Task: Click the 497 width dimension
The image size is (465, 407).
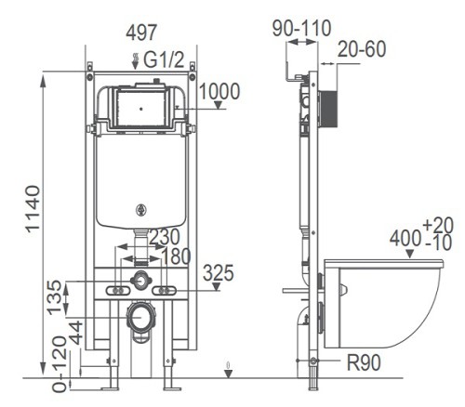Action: pos(141,33)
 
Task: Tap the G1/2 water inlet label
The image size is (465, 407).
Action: pos(164,59)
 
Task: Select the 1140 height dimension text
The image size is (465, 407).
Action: pos(33,209)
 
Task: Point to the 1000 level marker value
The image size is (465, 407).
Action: pos(219,91)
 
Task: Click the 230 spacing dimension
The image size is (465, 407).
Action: pos(165,237)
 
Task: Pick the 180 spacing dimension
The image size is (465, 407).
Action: pos(176,256)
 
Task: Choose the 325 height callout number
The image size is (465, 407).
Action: pos(219,273)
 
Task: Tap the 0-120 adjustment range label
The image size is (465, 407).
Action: pos(60,364)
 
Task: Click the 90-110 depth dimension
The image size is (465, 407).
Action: pos(301,28)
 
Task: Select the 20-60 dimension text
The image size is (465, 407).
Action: pos(362,49)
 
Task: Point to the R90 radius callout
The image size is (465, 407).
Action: pos(364,362)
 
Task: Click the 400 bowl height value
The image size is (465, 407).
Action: pos(405,239)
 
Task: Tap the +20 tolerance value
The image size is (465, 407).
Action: pos(438,225)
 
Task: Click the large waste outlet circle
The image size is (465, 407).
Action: pos(141,317)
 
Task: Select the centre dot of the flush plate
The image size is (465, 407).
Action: pos(141,109)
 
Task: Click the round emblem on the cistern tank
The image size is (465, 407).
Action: pos(141,210)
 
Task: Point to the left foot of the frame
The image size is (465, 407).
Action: pos(110,387)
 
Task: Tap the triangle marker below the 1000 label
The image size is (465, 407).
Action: pos(219,105)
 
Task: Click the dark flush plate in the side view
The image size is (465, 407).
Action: pos(328,109)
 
